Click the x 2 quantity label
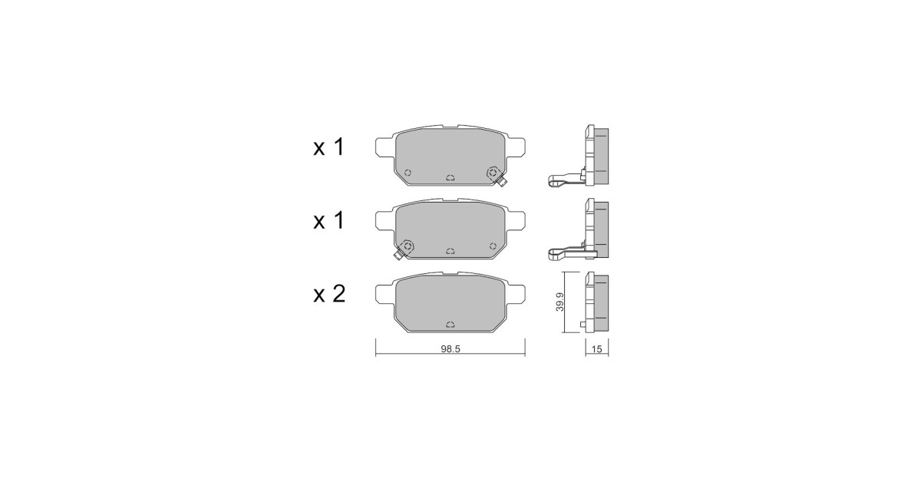[329, 295]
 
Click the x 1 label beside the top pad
[328, 147]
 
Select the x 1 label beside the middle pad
[328, 221]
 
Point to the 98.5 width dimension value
[451, 349]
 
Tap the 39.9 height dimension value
[560, 302]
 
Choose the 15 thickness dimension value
[596, 349]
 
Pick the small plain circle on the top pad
[408, 173]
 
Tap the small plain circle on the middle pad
[493, 246]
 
